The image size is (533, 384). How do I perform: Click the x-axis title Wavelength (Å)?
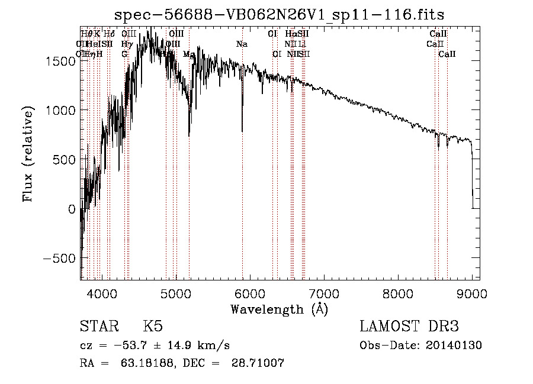279,309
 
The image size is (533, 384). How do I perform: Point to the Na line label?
242,44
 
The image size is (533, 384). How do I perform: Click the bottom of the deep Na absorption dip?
242,131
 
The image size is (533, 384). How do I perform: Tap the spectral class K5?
153,327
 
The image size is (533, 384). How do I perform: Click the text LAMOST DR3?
409,327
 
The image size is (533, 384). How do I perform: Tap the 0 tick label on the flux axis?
72,209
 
